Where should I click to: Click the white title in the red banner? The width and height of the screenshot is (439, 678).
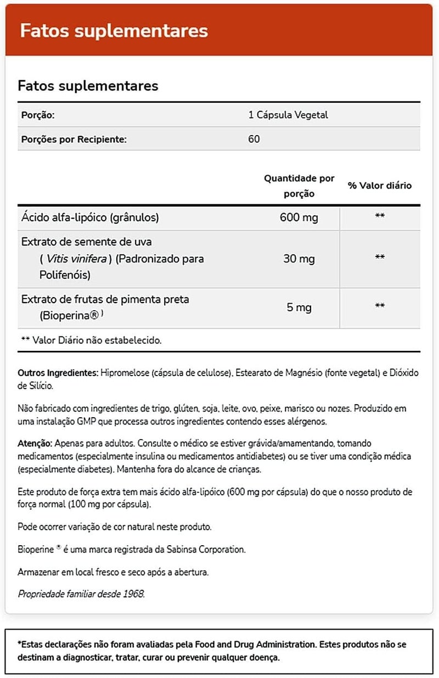click(x=114, y=31)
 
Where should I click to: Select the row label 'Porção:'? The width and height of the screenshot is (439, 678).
click(x=38, y=115)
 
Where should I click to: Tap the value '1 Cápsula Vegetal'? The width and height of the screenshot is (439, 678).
click(x=288, y=115)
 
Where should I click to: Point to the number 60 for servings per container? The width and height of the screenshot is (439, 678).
click(x=254, y=139)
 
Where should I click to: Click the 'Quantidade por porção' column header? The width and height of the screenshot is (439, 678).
click(x=299, y=186)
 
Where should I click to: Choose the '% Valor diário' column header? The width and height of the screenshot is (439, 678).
click(x=379, y=186)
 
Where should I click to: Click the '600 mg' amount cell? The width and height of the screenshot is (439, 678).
click(x=299, y=218)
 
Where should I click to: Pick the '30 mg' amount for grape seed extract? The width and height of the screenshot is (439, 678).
click(x=299, y=258)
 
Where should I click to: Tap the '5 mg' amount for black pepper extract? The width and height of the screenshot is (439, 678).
click(x=299, y=307)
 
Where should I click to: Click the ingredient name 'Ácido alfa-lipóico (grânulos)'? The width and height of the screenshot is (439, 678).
click(x=90, y=217)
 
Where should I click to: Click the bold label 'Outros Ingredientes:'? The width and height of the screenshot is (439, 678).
click(x=58, y=373)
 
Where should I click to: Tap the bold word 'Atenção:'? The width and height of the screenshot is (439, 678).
click(x=35, y=442)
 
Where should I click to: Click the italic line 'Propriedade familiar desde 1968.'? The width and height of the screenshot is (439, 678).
click(x=82, y=595)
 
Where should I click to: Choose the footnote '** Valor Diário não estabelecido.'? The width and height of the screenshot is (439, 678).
click(x=91, y=340)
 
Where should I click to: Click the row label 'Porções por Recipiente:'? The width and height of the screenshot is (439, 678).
click(x=74, y=139)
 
